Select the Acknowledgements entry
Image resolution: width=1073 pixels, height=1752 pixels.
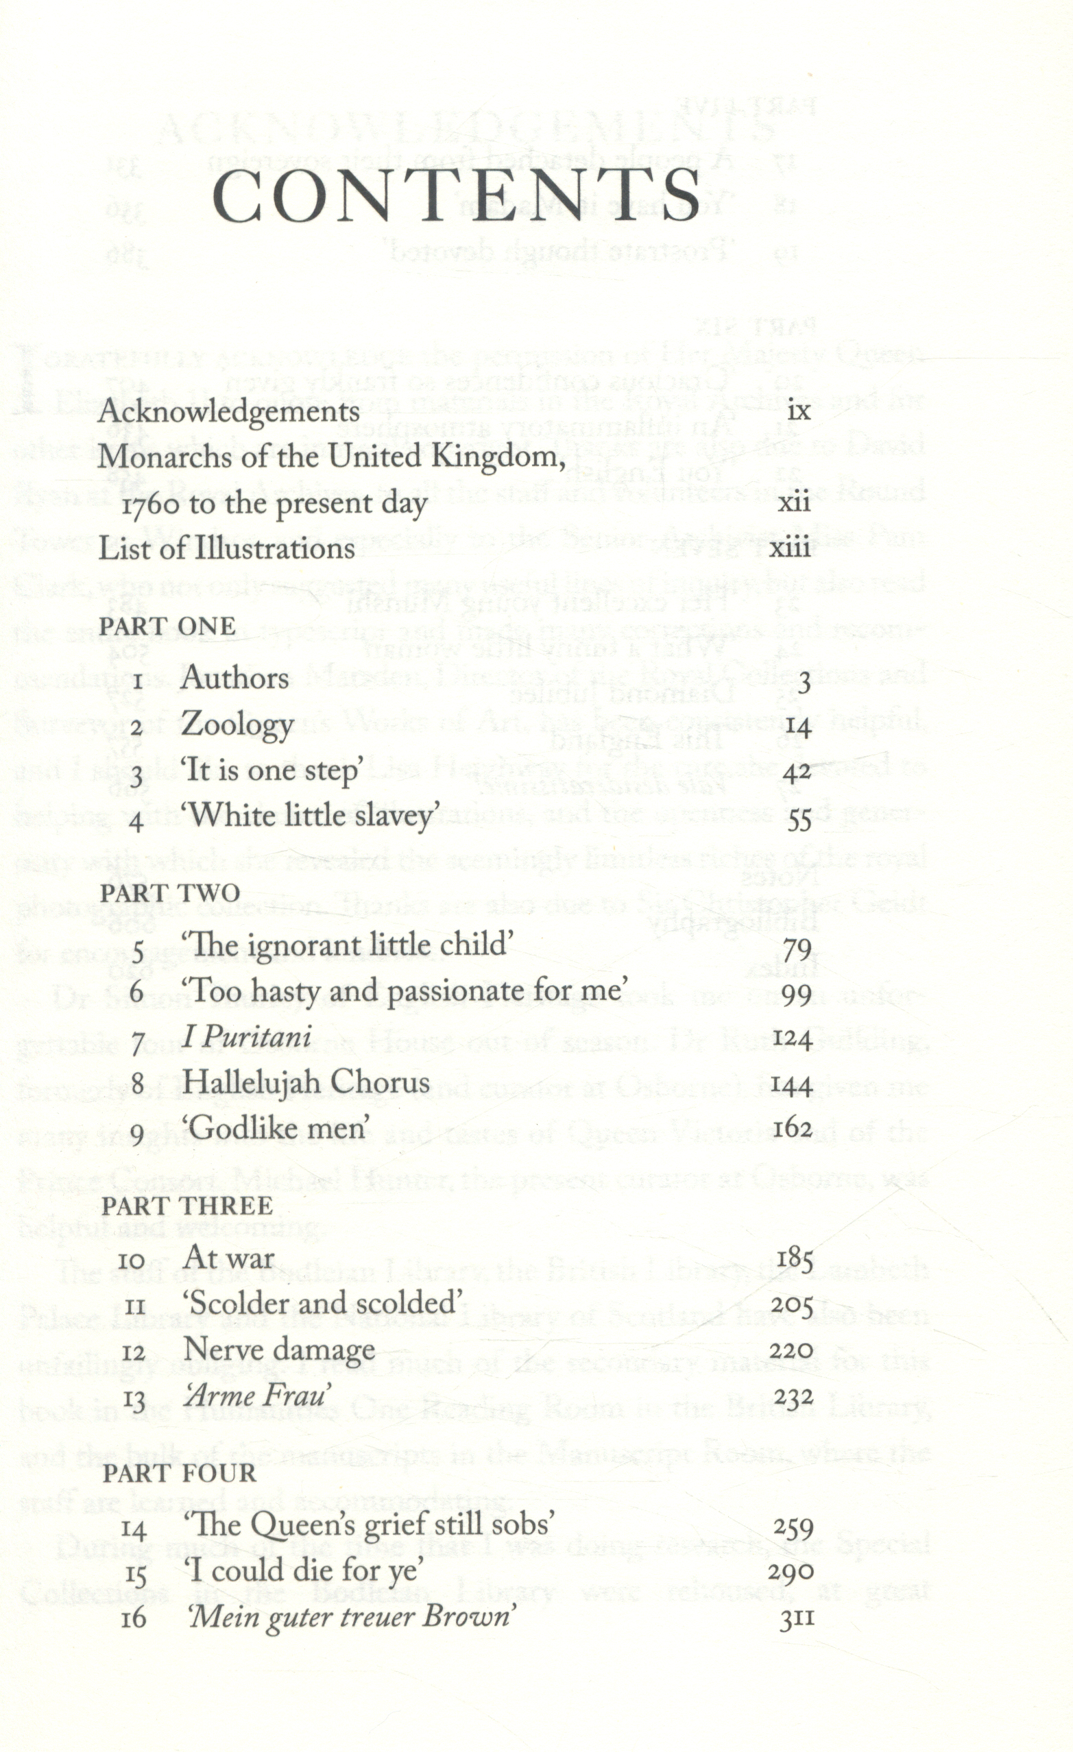228,412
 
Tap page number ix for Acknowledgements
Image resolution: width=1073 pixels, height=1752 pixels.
799,412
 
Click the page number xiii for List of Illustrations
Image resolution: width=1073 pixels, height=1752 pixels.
791,549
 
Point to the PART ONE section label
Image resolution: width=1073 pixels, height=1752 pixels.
167,626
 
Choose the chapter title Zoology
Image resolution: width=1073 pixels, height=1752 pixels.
237,725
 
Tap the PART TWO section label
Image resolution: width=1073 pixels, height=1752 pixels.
170,893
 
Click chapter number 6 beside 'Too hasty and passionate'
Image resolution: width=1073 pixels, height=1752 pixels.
137,993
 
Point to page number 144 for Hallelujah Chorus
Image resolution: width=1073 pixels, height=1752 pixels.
793,1085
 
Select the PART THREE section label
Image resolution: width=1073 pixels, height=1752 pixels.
187,1206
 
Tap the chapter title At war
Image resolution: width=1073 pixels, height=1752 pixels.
228,1258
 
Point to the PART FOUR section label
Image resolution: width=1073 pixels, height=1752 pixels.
178,1473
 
